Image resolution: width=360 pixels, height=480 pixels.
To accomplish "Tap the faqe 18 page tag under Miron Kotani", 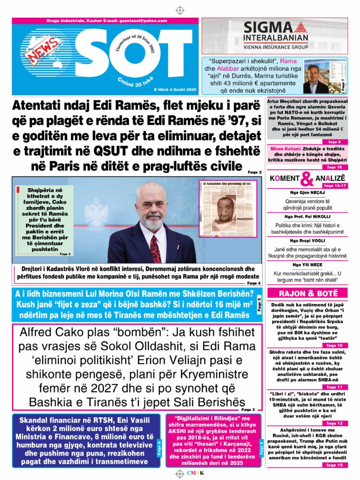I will [334, 167].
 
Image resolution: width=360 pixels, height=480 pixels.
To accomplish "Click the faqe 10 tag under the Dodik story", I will [334, 345].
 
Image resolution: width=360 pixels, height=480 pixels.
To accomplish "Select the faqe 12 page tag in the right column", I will [334, 423].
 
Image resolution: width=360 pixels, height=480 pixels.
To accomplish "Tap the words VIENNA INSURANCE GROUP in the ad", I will [275, 48].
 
